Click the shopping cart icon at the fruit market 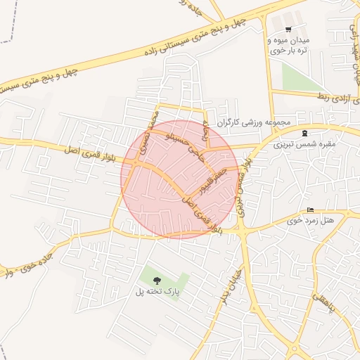click(x=288, y=29)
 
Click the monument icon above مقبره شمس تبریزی click(x=304, y=133)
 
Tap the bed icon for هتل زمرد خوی click(x=310, y=210)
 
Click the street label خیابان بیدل click(x=236, y=285)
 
